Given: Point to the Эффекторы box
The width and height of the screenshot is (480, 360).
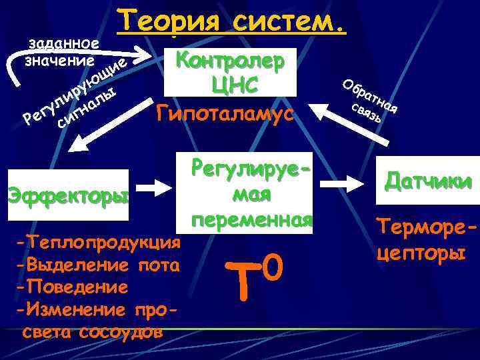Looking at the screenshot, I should pos(67,197).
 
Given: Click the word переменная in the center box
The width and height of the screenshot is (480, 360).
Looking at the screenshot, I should pos(251,221).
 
